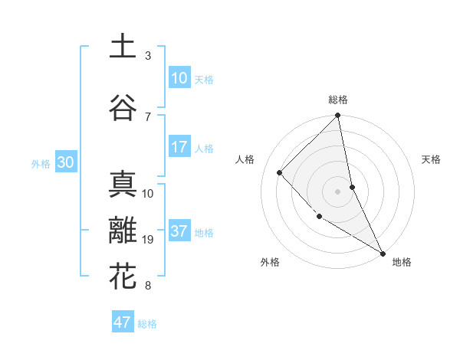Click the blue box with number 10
click(179, 78)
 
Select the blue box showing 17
click(179, 147)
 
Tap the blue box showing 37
click(179, 231)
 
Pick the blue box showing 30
click(65, 162)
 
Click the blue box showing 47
click(123, 322)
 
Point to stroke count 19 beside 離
click(149, 240)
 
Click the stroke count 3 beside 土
click(148, 56)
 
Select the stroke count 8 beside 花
click(148, 286)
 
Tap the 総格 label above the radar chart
click(338, 100)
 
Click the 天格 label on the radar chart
click(431, 159)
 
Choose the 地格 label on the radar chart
click(402, 262)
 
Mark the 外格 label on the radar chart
click(270, 262)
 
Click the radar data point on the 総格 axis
click(338, 116)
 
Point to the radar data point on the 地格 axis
click(382, 252)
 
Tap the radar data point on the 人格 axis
click(280, 172)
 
